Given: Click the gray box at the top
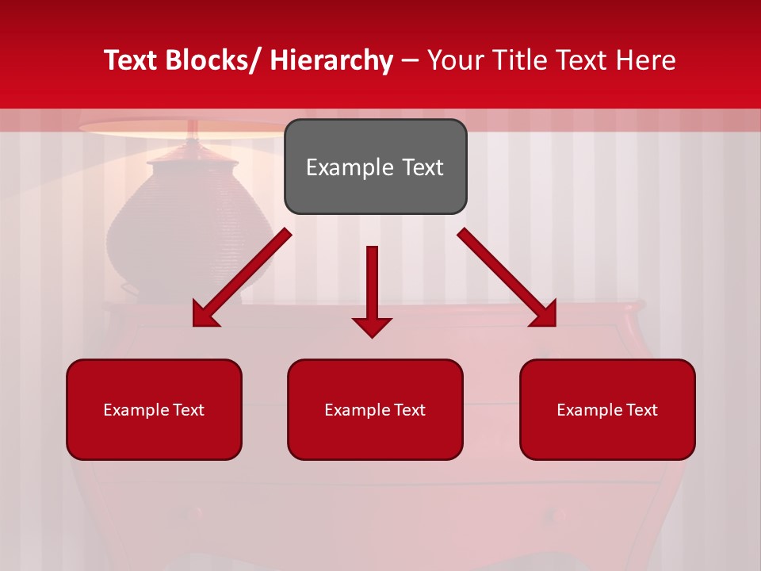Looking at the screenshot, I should tap(375, 167).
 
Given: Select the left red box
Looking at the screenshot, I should tap(154, 409).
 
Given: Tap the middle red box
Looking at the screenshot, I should tap(375, 409).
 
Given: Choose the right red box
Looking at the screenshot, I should tap(607, 409).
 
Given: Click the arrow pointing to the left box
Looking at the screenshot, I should tap(242, 278).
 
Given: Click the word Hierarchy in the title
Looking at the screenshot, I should tap(331, 60).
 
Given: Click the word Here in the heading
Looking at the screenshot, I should tap(646, 60).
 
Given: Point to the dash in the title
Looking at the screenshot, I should tap(410, 60).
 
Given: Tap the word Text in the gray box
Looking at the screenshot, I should tap(422, 167).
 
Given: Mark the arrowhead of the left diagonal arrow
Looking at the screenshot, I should tap(205, 314).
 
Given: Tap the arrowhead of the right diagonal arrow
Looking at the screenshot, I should tap(543, 314).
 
